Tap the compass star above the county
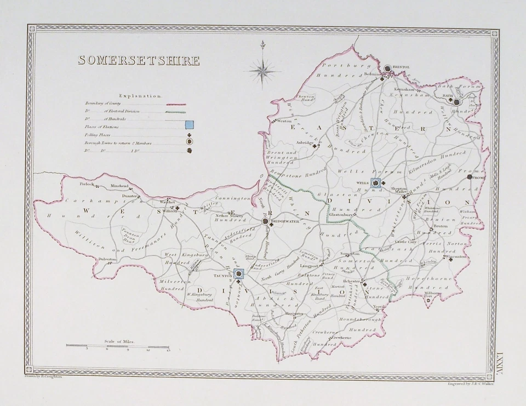coord(262,69)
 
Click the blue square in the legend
coord(189,126)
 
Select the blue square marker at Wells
coord(376,183)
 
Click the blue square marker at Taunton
coord(239,273)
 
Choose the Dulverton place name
coord(107,259)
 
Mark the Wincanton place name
coord(455,255)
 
